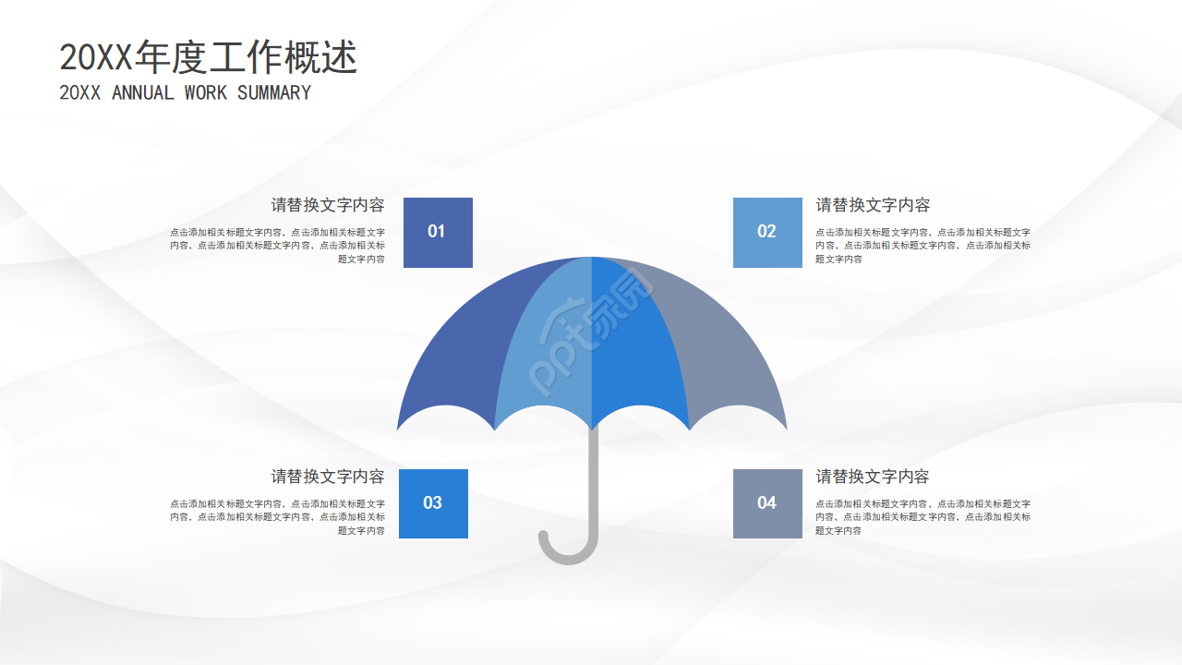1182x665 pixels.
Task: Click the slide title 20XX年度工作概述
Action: (208, 58)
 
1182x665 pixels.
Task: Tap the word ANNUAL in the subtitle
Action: (142, 93)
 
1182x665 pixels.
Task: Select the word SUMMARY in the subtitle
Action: (274, 93)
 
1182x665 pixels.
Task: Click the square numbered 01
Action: (438, 232)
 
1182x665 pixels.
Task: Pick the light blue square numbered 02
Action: (767, 232)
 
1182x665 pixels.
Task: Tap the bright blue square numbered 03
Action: (433, 503)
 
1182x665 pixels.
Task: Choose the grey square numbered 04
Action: (767, 503)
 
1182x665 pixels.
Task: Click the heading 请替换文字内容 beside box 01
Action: (328, 205)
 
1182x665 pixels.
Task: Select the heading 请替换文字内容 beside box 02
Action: (873, 205)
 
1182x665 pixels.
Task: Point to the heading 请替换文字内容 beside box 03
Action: (328, 477)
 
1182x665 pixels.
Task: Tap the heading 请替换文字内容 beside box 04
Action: (873, 477)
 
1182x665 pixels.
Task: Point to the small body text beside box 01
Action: (277, 246)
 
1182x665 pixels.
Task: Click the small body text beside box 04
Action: (923, 517)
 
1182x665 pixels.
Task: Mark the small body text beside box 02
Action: (923, 246)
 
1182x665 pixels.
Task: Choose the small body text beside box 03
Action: (277, 517)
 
